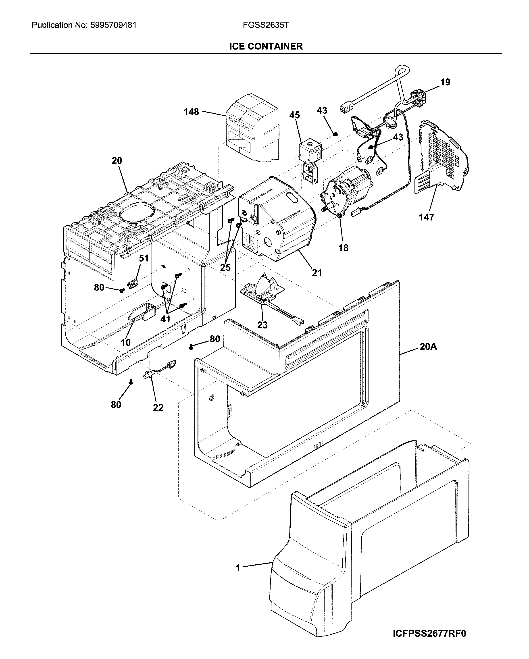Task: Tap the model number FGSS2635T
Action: tap(266, 25)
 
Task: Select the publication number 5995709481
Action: tap(113, 25)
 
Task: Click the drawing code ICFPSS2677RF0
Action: tap(429, 633)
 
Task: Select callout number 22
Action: tap(158, 407)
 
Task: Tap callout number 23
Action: tap(262, 325)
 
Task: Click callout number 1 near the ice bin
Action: tap(238, 568)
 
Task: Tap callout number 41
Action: tap(165, 319)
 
